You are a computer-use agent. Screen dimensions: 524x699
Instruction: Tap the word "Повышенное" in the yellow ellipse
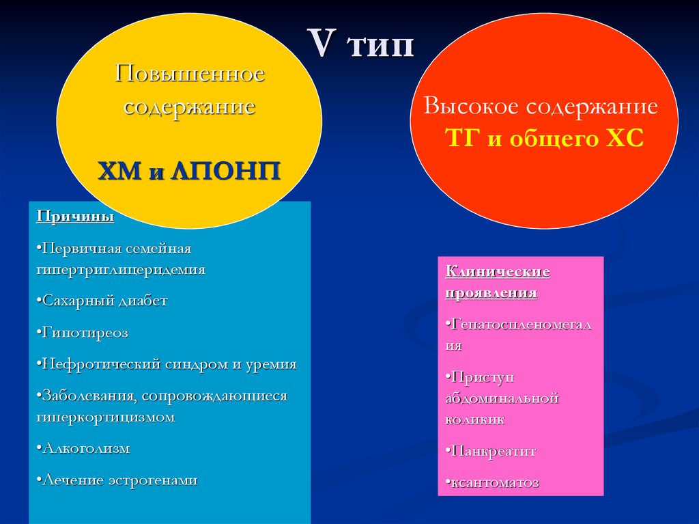(189, 73)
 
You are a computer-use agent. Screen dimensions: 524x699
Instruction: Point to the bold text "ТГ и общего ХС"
(544, 139)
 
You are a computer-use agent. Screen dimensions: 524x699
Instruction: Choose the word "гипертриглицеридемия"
(121, 269)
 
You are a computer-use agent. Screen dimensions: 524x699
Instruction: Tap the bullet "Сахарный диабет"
(104, 301)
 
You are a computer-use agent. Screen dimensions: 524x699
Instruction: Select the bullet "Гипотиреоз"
(85, 333)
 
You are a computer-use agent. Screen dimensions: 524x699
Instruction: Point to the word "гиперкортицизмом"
(106, 417)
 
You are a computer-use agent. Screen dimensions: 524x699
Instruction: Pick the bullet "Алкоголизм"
(85, 449)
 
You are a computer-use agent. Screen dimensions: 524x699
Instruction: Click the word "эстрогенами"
(152, 480)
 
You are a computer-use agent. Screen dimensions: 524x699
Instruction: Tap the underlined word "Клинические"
(498, 272)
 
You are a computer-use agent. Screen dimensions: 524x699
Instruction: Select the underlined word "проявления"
(491, 293)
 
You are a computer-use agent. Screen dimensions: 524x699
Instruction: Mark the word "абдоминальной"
(502, 398)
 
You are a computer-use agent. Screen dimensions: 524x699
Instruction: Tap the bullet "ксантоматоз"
(494, 482)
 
